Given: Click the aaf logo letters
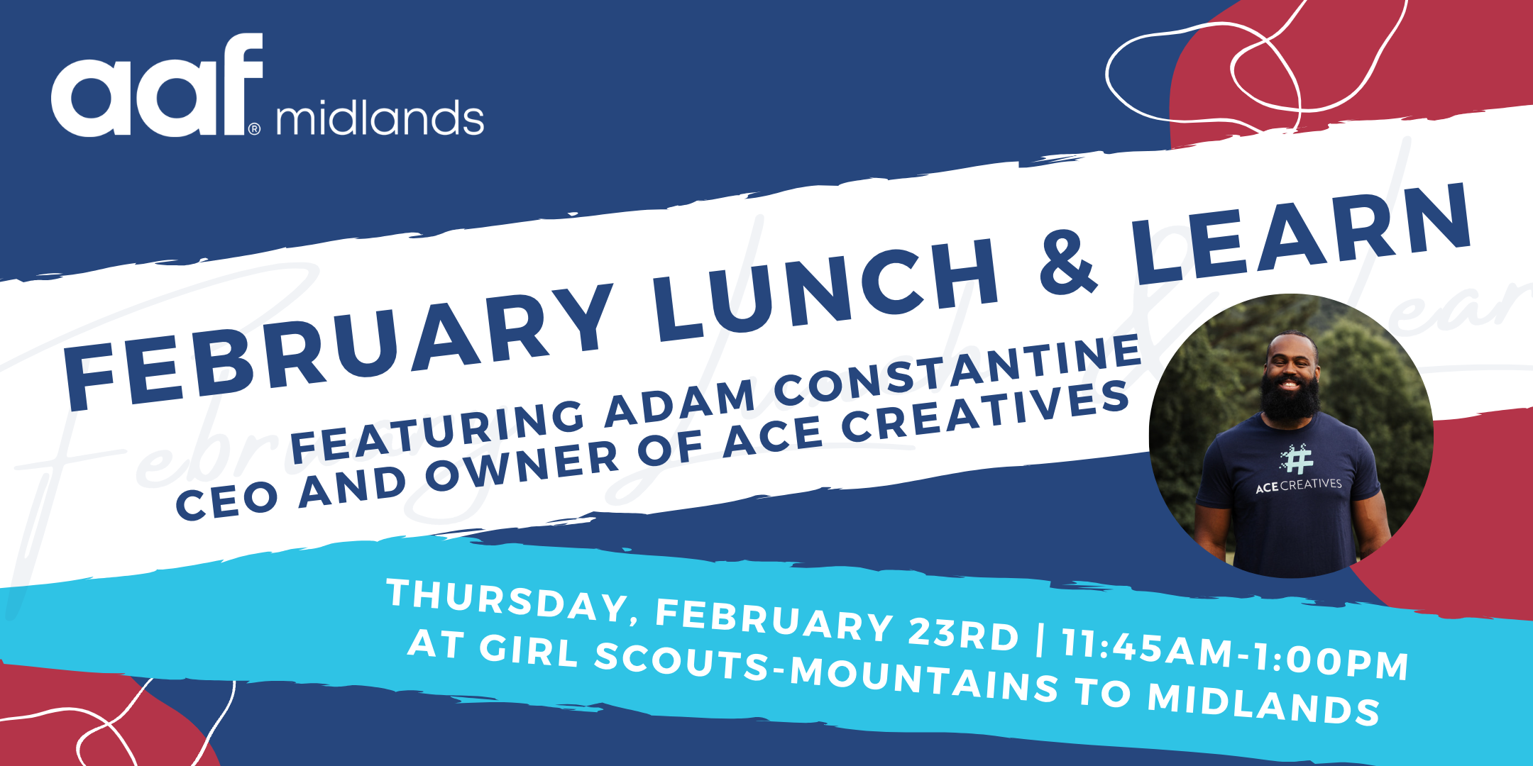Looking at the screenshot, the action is coord(157,84).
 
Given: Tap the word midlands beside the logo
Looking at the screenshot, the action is coord(380,118).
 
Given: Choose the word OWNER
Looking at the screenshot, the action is coord(522,467).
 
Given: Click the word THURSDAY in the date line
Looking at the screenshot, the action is coord(507,600).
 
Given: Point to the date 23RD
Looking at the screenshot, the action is coord(963,633).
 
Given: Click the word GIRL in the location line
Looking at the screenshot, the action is coord(529,649).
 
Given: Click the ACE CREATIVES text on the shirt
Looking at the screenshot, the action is coord(1299,486).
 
